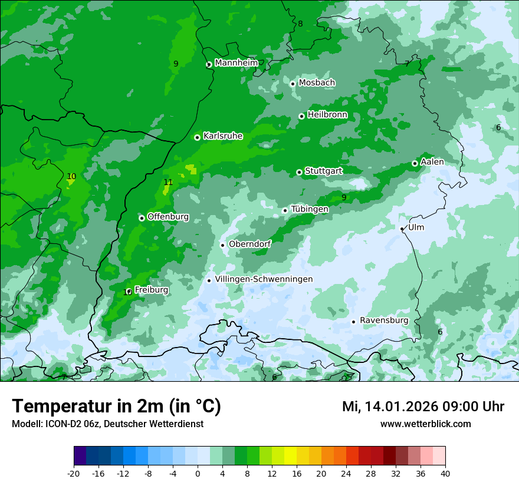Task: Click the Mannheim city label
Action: click(x=236, y=63)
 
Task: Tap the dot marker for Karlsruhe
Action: click(x=197, y=137)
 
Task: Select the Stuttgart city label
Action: click(x=324, y=171)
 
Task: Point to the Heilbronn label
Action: click(x=327, y=115)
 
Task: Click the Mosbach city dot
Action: click(x=293, y=84)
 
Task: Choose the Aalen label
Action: click(x=432, y=162)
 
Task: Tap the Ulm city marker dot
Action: click(x=402, y=229)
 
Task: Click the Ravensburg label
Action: click(x=384, y=321)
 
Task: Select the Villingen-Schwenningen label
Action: click(x=264, y=279)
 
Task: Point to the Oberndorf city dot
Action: click(x=222, y=245)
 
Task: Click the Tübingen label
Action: click(x=310, y=209)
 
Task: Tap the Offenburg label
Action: click(x=168, y=217)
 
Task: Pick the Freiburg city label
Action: click(x=152, y=290)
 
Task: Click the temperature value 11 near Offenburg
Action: click(x=168, y=183)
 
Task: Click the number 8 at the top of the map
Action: click(x=300, y=24)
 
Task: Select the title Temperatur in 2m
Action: click(x=116, y=407)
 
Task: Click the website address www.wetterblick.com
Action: click(x=425, y=424)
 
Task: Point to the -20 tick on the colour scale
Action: click(x=74, y=473)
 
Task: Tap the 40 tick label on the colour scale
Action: click(x=445, y=473)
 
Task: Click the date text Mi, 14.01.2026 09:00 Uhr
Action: click(x=423, y=407)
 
